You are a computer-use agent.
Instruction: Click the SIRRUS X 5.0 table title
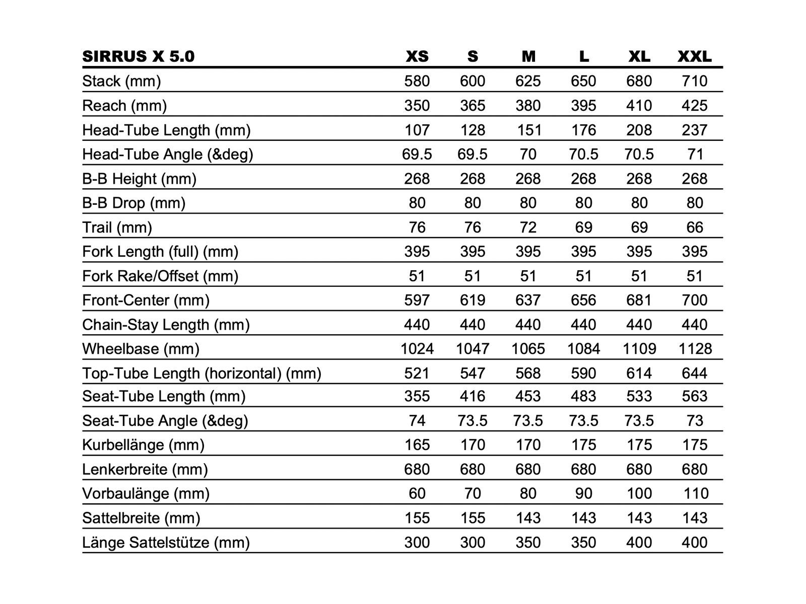point(138,56)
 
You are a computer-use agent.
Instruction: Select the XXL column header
point(694,56)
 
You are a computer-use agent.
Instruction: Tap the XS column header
point(417,56)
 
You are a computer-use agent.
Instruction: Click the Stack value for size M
point(528,81)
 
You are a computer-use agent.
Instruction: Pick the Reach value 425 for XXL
point(694,106)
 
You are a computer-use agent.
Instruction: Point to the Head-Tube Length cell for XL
point(639,130)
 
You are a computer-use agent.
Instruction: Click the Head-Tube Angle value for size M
point(528,154)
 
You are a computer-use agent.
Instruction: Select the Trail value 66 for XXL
point(694,228)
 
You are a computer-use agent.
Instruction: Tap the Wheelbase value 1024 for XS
point(417,349)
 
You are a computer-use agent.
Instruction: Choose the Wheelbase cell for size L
point(583,349)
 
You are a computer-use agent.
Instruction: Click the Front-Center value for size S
point(473,300)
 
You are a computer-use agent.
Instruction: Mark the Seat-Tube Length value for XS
point(417,396)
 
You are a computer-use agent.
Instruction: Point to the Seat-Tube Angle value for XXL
point(694,421)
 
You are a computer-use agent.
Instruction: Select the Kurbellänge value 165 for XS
point(417,445)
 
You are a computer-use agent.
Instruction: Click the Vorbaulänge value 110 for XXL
point(695,493)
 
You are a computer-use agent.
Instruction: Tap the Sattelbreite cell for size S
point(473,518)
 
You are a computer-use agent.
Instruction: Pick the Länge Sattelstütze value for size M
point(528,543)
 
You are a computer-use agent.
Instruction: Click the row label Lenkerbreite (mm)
point(145,470)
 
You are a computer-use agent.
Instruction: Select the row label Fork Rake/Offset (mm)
point(160,276)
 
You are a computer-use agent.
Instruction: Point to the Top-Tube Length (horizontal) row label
point(201,373)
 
